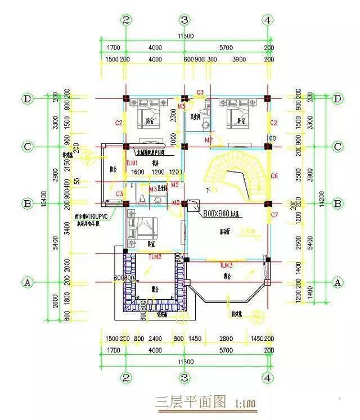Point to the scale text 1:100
click(243, 403)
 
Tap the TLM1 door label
click(132, 162)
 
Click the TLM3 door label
click(226, 264)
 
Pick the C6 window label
click(274, 176)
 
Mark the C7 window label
click(274, 215)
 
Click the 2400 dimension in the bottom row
click(154, 340)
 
